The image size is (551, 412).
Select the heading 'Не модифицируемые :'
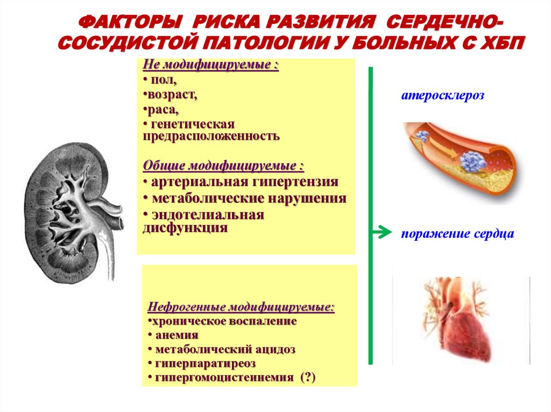click(x=210, y=66)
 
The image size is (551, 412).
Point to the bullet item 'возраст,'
click(x=170, y=95)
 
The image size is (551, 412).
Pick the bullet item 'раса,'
click(x=161, y=110)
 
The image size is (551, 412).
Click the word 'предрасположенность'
click(x=211, y=135)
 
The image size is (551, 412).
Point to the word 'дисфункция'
click(x=185, y=227)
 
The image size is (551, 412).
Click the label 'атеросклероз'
click(x=442, y=96)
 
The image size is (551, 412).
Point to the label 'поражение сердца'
click(x=457, y=234)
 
